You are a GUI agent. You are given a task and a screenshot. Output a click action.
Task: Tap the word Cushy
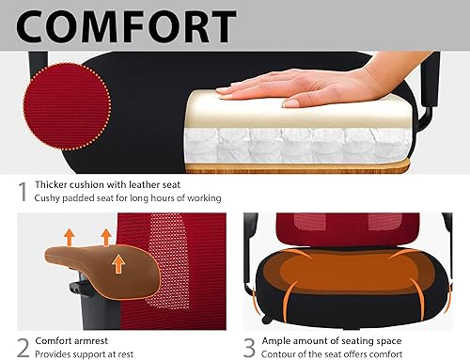coord(51,198)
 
